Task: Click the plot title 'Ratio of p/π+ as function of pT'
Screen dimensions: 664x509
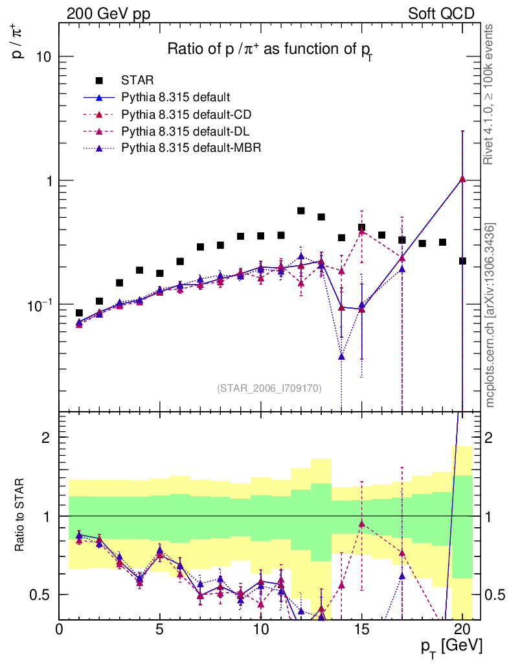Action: point(269,50)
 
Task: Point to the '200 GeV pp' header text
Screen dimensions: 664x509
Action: point(108,14)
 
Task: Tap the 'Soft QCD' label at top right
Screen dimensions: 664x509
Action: point(441,14)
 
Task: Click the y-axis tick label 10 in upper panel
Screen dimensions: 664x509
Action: point(43,56)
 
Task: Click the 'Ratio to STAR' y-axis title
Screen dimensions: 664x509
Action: point(21,516)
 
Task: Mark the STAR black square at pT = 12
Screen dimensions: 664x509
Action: point(301,211)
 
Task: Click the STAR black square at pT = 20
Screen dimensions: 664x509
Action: point(462,261)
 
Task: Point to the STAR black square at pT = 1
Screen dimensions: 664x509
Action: point(79,313)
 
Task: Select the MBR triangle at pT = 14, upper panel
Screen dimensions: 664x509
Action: point(341,356)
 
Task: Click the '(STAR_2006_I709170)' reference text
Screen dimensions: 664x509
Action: point(269,388)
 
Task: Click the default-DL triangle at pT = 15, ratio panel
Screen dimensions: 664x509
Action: point(361,523)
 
